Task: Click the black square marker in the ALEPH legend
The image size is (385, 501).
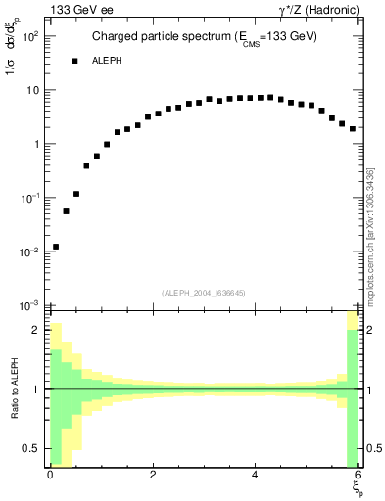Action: pyautogui.click(x=73, y=61)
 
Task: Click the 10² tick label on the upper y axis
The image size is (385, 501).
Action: pyautogui.click(x=29, y=36)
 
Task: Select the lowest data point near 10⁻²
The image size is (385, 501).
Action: pyautogui.click(x=56, y=247)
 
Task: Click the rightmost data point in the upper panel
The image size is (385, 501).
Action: pyautogui.click(x=352, y=128)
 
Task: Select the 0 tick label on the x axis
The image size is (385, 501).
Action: pyautogui.click(x=50, y=475)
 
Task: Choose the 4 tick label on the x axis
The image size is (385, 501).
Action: pyautogui.click(x=255, y=475)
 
